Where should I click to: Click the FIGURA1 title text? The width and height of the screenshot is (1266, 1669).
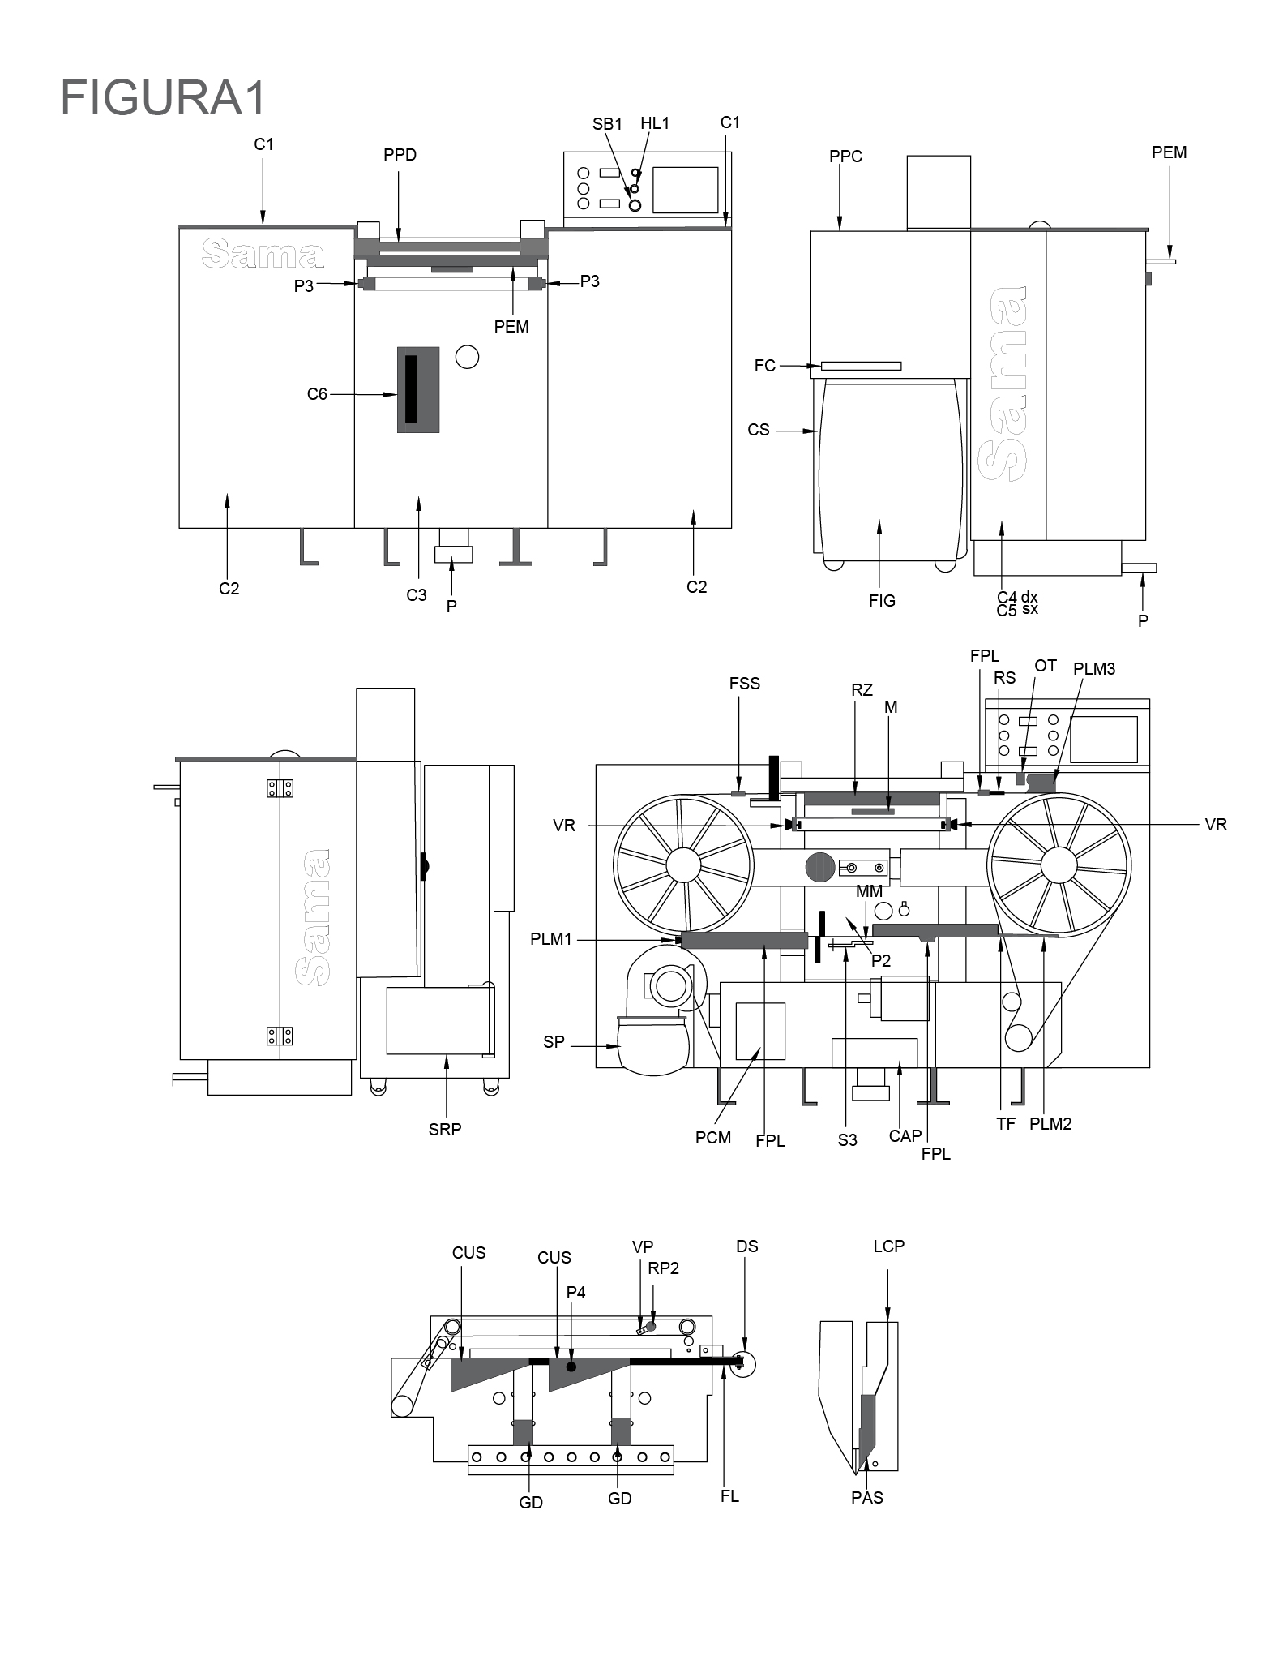click(x=163, y=98)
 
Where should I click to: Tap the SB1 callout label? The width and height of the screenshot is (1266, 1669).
click(x=607, y=124)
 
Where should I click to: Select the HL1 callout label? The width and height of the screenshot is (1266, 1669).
click(x=655, y=123)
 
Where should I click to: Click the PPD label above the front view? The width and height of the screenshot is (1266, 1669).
click(x=400, y=155)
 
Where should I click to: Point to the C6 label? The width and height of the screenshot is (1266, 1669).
click(x=317, y=394)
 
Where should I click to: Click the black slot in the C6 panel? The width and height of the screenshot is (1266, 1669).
click(x=411, y=388)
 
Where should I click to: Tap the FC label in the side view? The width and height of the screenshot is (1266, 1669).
click(x=764, y=366)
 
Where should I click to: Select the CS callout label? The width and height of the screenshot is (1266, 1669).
click(x=759, y=430)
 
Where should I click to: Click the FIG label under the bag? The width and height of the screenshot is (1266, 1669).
click(x=882, y=601)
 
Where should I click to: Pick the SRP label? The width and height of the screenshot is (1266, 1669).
click(x=445, y=1129)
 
